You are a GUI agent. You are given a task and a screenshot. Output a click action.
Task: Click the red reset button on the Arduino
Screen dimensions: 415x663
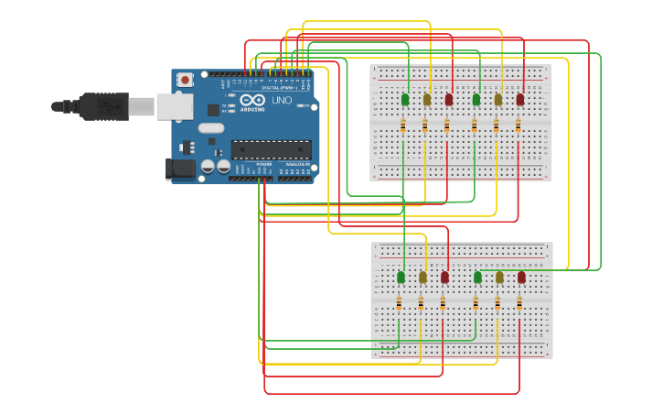pyautogui.click(x=186, y=81)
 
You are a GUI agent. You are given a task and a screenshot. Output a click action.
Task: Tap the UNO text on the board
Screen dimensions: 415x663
pyautogui.click(x=282, y=100)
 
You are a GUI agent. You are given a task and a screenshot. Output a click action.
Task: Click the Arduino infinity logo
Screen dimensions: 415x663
pyautogui.click(x=252, y=99)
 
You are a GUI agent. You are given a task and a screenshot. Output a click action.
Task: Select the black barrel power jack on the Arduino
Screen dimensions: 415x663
pyautogui.click(x=180, y=168)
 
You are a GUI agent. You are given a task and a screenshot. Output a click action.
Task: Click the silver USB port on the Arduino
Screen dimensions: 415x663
pyautogui.click(x=174, y=106)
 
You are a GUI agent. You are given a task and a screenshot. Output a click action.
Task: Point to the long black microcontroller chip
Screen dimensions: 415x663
pyautogui.click(x=271, y=149)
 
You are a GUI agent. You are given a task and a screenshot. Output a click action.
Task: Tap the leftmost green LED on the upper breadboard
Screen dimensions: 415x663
pyautogui.click(x=405, y=99)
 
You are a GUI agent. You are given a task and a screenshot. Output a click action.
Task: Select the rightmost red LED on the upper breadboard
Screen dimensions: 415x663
pyautogui.click(x=520, y=99)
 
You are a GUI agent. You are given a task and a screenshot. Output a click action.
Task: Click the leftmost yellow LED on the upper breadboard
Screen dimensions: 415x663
pyautogui.click(x=427, y=99)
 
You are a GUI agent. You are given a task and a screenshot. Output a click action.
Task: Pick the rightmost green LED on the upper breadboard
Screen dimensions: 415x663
pyautogui.click(x=476, y=99)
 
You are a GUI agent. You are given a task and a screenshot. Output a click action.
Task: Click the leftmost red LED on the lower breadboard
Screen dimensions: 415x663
pyautogui.click(x=444, y=277)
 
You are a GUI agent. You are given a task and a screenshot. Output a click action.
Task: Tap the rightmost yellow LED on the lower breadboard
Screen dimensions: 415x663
pyautogui.click(x=499, y=277)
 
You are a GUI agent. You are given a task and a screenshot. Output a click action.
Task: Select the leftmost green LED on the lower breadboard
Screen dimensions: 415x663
pyautogui.click(x=401, y=277)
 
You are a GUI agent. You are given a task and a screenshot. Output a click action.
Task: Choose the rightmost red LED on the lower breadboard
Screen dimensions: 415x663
pyautogui.click(x=521, y=277)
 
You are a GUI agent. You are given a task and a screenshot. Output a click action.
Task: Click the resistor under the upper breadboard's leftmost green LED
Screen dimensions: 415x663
pyautogui.click(x=403, y=126)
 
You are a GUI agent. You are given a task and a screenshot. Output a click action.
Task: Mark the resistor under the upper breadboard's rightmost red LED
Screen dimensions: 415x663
pyautogui.click(x=519, y=126)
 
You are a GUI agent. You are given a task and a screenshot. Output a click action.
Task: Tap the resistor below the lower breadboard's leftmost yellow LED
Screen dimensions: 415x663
pyautogui.click(x=421, y=302)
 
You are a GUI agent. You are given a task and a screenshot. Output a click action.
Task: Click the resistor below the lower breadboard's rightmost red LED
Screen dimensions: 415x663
pyautogui.click(x=519, y=302)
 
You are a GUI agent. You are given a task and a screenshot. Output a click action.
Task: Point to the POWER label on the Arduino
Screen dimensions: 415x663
pyautogui.click(x=263, y=164)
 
